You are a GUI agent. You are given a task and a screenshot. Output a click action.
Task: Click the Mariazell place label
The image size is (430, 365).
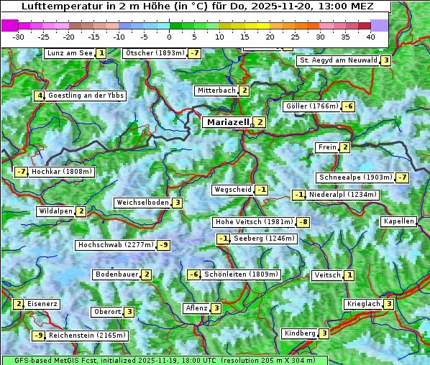point(228,122)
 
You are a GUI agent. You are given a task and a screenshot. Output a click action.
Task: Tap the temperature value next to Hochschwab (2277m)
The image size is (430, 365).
point(164,245)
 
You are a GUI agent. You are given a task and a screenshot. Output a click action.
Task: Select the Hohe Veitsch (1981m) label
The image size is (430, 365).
point(255,222)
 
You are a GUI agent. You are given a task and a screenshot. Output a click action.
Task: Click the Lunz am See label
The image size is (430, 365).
point(69,53)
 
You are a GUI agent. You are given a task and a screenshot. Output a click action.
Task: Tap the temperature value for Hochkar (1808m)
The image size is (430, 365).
point(21,172)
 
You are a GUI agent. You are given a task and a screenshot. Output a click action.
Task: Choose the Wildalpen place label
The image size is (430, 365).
point(55,211)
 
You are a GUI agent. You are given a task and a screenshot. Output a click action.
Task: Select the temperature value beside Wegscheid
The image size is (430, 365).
point(262,190)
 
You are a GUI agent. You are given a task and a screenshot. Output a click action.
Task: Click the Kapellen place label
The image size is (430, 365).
point(398,221)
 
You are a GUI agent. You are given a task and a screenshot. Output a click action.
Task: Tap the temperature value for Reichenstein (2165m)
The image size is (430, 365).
point(39,335)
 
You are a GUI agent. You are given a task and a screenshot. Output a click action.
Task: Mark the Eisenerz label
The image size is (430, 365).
point(42,304)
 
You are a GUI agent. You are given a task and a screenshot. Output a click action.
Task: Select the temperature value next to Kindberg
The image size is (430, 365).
point(324,333)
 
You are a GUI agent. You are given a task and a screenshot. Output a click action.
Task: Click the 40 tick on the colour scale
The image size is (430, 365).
point(370,37)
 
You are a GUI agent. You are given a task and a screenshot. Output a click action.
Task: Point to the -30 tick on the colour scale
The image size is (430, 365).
point(19,37)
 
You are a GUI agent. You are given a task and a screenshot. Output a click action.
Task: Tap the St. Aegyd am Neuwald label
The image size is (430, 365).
point(339,60)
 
